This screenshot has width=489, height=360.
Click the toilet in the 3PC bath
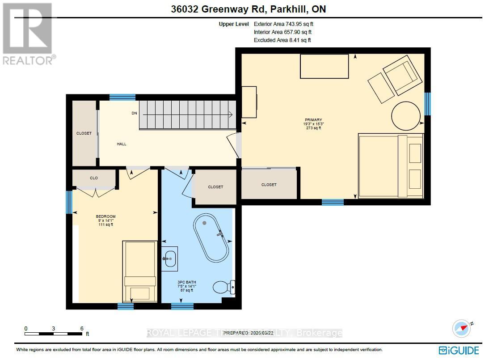pos(223,287)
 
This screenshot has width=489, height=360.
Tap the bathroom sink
pos(169,258)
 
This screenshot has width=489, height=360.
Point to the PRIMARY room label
pos(313,120)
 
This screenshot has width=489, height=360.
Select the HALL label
pos(122,144)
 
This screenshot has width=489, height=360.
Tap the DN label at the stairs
pos(134,113)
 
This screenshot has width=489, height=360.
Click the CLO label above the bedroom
pos(94,178)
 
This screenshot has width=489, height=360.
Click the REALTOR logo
pos(28,34)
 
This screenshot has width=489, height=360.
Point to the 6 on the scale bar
pos(81,329)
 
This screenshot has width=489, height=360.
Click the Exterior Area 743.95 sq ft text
pos(287,24)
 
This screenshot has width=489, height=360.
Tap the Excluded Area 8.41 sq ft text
pos(282,40)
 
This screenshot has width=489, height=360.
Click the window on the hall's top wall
pos(122,97)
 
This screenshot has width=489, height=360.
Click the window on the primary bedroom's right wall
pos(427,103)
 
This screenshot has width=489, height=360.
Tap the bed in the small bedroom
pos(140,271)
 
